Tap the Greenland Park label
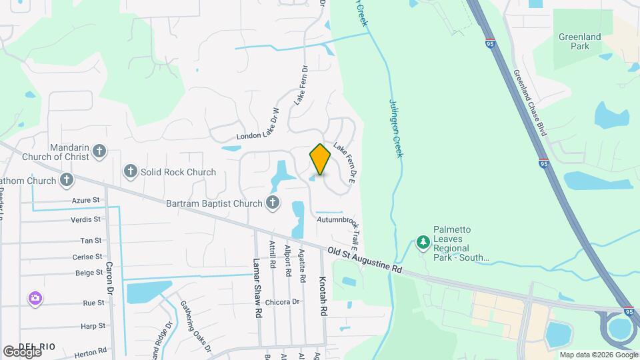pos(580,41)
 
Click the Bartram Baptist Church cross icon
pos(272,202)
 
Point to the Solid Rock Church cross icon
pos(130,172)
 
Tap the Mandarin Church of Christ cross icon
pos(99,151)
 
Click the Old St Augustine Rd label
pos(366,259)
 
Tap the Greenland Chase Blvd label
pos(531,103)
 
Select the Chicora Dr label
pos(282,302)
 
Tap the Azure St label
pos(86,199)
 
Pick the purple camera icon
pos(35,299)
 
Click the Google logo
pos(22,351)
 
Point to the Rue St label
pos(93,303)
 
